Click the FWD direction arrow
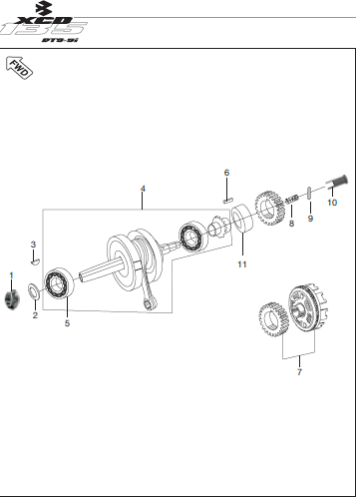click(x=19, y=68)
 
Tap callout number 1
click(x=11, y=275)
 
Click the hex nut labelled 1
click(x=12, y=298)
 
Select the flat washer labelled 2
click(x=34, y=292)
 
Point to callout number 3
click(x=33, y=245)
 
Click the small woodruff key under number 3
click(x=35, y=262)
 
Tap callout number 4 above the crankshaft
click(x=143, y=189)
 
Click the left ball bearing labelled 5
click(x=59, y=284)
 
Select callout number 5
click(x=67, y=323)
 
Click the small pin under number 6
click(x=228, y=201)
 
